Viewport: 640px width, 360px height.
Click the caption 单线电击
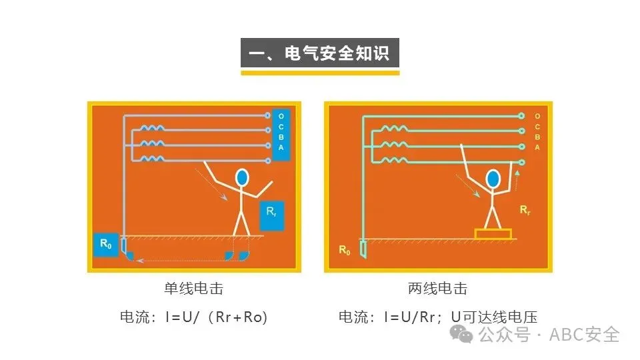tap(193, 289)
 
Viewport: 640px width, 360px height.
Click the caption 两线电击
tap(437, 289)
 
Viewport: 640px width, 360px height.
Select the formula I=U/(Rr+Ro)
tap(216, 317)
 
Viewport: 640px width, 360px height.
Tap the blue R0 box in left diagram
tap(105, 245)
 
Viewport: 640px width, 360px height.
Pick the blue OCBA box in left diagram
tap(281, 135)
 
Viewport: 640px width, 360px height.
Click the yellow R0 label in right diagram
tap(344, 250)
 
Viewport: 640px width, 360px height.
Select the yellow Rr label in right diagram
tap(525, 210)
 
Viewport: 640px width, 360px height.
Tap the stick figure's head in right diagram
tap(493, 178)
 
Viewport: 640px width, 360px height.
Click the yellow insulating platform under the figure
tap(493, 234)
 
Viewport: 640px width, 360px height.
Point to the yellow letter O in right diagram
tap(537, 116)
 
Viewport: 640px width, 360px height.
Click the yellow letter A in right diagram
tap(537, 147)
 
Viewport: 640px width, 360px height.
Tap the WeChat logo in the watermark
tap(461, 333)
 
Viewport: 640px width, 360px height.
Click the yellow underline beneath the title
tap(320, 73)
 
